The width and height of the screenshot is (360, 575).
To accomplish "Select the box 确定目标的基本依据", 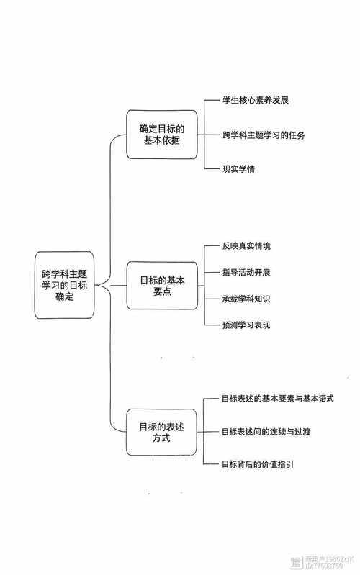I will click(x=161, y=135).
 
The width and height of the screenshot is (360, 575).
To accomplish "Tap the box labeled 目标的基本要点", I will click(x=161, y=286).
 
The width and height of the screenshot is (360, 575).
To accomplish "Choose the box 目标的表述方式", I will click(x=161, y=432).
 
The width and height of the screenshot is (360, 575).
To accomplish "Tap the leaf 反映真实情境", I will click(x=246, y=247).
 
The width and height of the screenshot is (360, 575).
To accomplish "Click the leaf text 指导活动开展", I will click(x=246, y=273).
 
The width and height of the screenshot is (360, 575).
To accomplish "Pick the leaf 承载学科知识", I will click(x=246, y=299).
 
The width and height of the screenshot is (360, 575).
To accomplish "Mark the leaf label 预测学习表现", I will click(x=246, y=325).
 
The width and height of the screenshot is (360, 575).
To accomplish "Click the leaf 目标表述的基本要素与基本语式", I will click(x=278, y=398).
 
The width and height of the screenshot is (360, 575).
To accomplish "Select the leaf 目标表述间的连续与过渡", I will click(x=266, y=431).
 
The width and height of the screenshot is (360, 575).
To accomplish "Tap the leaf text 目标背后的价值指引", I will click(x=256, y=464).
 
